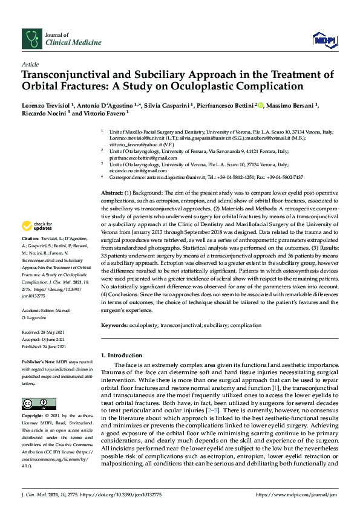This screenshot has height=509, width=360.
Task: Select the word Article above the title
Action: point(30,63)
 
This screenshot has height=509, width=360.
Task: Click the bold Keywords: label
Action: point(117,325)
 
